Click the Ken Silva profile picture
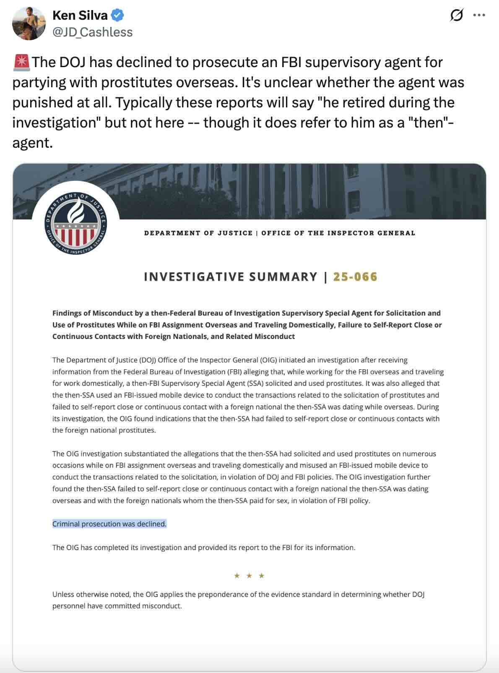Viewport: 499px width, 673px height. tap(29, 23)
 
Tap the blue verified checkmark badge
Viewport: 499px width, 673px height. tap(117, 16)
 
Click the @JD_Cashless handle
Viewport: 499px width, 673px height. tap(92, 32)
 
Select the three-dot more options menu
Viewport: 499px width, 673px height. tap(479, 16)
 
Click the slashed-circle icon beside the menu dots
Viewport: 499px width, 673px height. tap(456, 16)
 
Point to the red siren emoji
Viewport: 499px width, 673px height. tap(21, 62)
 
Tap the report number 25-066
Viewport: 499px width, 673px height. tap(355, 277)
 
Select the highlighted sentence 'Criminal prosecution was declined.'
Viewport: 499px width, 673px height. tap(109, 524)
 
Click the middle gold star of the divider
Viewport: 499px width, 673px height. tap(249, 576)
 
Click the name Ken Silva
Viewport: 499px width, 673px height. tap(80, 16)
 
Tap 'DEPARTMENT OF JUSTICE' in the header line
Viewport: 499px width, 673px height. tap(198, 233)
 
